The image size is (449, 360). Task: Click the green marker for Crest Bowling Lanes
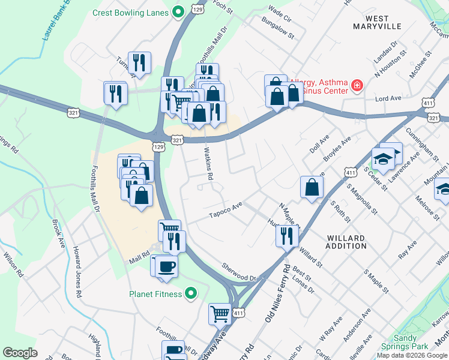[x=178, y=11]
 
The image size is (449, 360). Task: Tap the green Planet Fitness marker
[x=191, y=293]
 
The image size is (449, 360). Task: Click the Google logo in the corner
[x=20, y=353]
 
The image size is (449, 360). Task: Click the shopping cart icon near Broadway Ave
[x=220, y=313]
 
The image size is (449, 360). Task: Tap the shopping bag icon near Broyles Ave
[x=312, y=186]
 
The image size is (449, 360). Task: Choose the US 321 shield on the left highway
[x=73, y=112]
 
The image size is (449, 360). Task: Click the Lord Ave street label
[x=388, y=98]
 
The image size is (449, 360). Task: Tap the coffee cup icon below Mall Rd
[x=166, y=266]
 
